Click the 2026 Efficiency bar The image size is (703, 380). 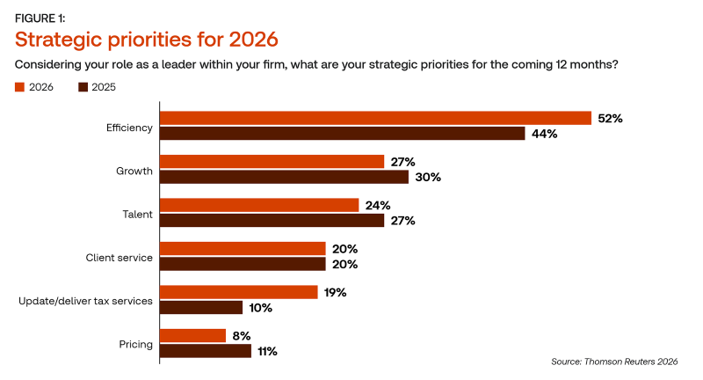click(x=376, y=118)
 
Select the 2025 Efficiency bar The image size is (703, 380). click(x=343, y=133)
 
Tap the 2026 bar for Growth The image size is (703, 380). click(x=272, y=162)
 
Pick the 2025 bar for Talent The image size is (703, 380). click(x=272, y=220)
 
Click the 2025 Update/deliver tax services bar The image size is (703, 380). click(x=201, y=307)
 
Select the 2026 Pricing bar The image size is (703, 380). click(x=192, y=336)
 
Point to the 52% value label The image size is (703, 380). click(x=610, y=119)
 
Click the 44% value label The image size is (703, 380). click(x=544, y=134)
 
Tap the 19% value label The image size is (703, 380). click(x=336, y=293)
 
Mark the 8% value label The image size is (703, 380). click(x=241, y=336)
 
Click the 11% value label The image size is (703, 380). click(x=267, y=351)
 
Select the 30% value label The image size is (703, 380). click(x=428, y=177)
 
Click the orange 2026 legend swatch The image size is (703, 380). click(x=19, y=87)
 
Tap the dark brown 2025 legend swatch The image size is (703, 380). click(x=83, y=87)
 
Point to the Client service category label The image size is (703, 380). click(x=120, y=258)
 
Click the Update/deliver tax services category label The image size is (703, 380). click(x=85, y=301)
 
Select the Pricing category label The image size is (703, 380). click(x=136, y=345)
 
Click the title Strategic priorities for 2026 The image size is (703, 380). click(x=147, y=40)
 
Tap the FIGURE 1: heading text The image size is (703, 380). click(x=40, y=18)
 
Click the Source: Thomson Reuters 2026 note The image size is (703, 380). click(x=614, y=362)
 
